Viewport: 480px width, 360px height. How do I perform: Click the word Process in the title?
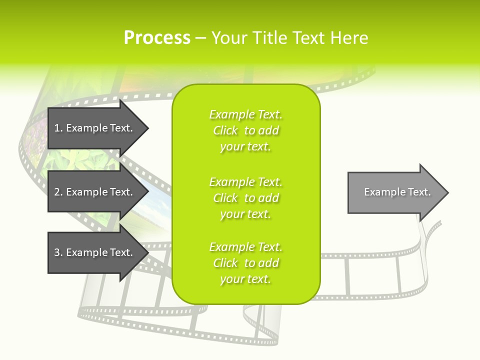(x=157, y=38)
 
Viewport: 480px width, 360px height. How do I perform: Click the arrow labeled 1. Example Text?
(x=95, y=128)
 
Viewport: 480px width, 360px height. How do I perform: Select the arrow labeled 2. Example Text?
(x=95, y=192)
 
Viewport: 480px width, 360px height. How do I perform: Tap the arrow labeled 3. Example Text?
(x=95, y=252)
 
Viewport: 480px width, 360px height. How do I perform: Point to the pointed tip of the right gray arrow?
(x=447, y=192)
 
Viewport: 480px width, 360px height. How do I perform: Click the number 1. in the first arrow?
(x=58, y=128)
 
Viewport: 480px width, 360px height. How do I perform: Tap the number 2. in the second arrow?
(x=58, y=192)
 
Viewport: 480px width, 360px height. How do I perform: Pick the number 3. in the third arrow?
(x=58, y=252)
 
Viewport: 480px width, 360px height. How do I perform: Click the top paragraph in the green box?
(x=246, y=130)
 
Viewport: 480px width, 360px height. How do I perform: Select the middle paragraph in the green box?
(x=246, y=198)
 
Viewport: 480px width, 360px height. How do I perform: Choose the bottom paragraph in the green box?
(x=246, y=263)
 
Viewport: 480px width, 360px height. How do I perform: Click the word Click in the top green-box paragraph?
(x=225, y=130)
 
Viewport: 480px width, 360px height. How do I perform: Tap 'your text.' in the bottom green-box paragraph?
(x=245, y=279)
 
